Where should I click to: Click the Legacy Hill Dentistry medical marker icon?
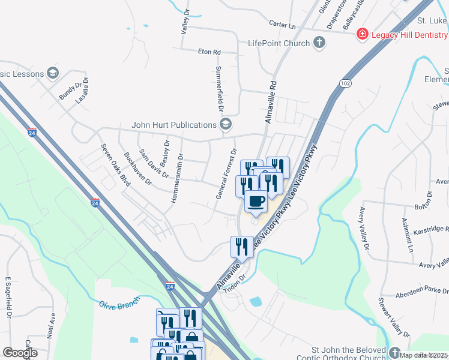pyautogui.click(x=363, y=34)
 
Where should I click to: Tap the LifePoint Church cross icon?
pyautogui.click(x=319, y=43)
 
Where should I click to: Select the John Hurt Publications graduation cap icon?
pyautogui.click(x=226, y=125)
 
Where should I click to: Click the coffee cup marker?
pyautogui.click(x=256, y=202)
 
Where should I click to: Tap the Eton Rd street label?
pyautogui.click(x=209, y=52)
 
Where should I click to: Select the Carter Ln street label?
pyautogui.click(x=283, y=26)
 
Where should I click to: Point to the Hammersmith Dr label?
pyautogui.click(x=177, y=178)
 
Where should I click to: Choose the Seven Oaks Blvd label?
pyautogui.click(x=115, y=164)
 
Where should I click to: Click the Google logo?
pyautogui.click(x=20, y=353)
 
